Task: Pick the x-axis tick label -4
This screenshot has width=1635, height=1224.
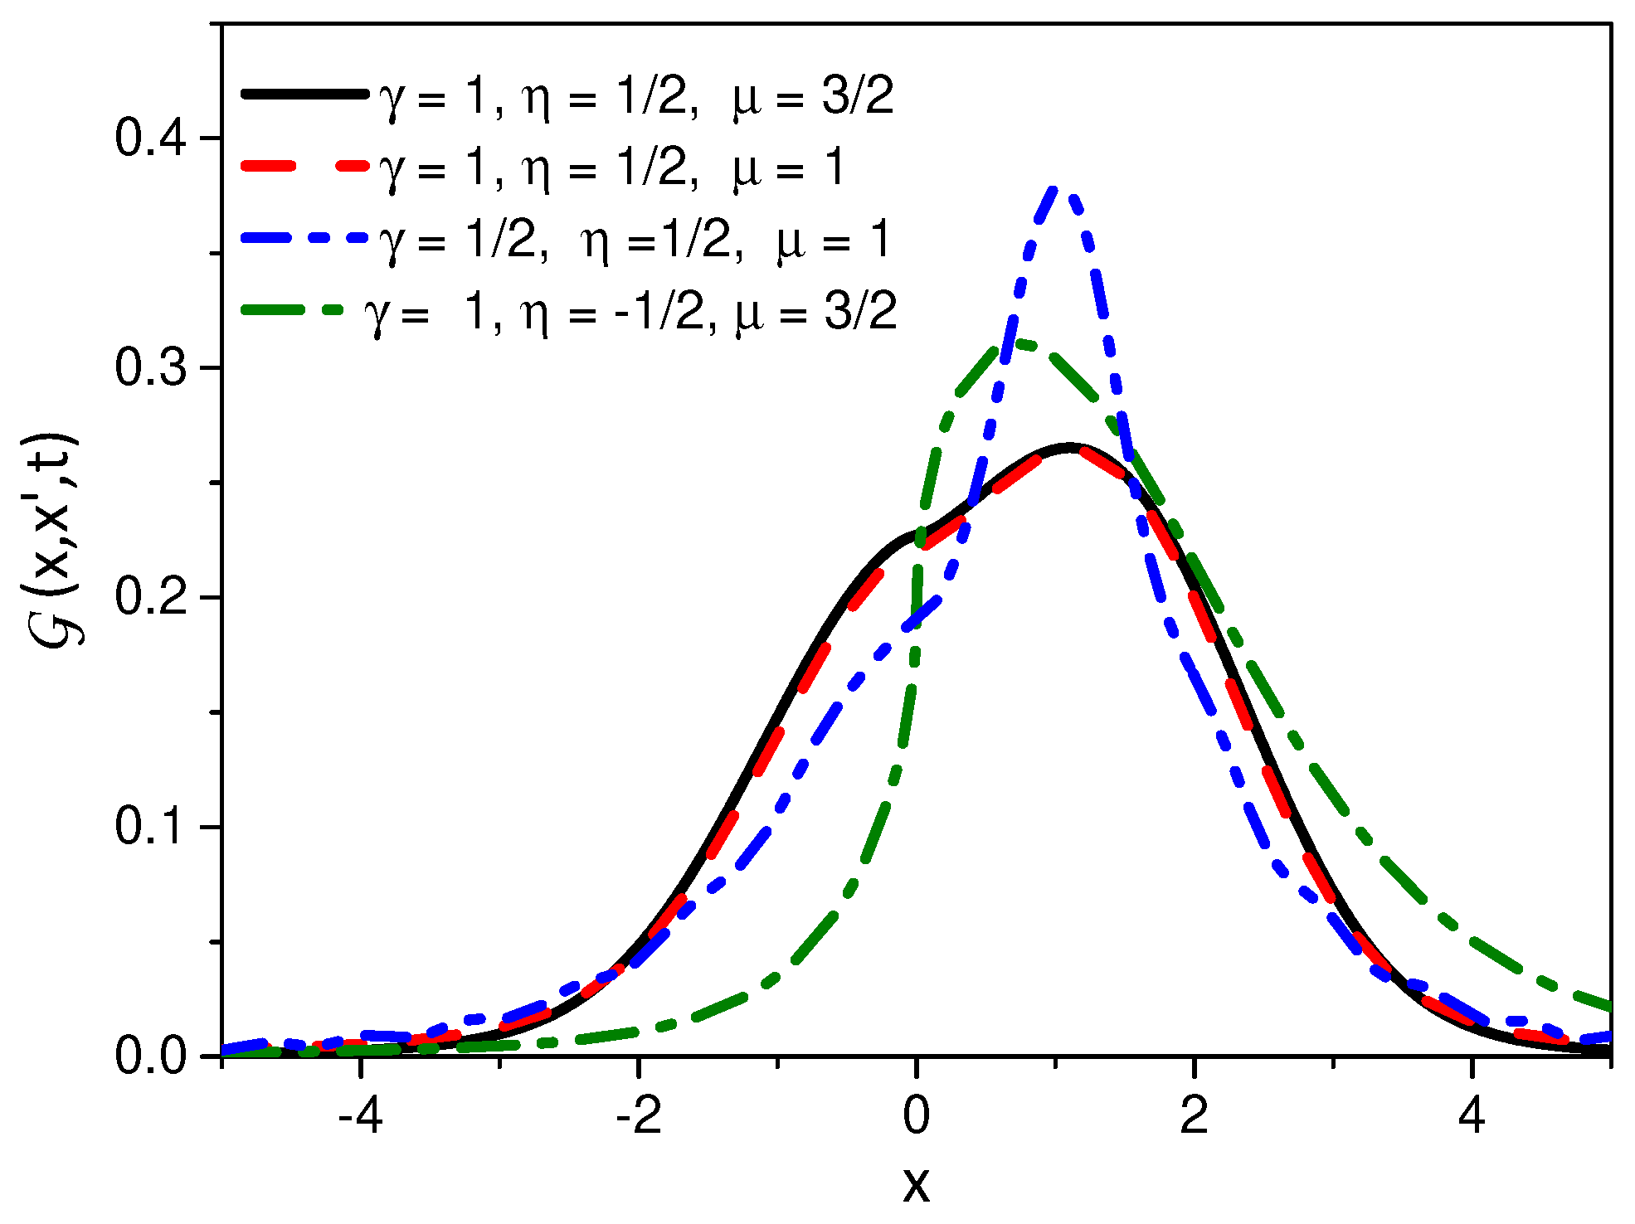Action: click(361, 1116)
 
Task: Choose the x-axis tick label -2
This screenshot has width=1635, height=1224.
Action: click(638, 1116)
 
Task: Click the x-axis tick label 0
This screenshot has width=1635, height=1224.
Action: click(916, 1116)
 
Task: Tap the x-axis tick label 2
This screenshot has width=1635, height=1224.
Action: click(1194, 1116)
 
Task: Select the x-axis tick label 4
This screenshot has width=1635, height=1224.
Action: click(1472, 1116)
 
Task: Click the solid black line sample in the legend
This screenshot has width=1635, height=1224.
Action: click(304, 94)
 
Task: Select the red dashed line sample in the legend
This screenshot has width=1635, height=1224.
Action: click(304, 166)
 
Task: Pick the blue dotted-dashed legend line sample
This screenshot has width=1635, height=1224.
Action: click(304, 238)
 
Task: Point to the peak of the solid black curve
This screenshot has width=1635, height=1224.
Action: click(1068, 446)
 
